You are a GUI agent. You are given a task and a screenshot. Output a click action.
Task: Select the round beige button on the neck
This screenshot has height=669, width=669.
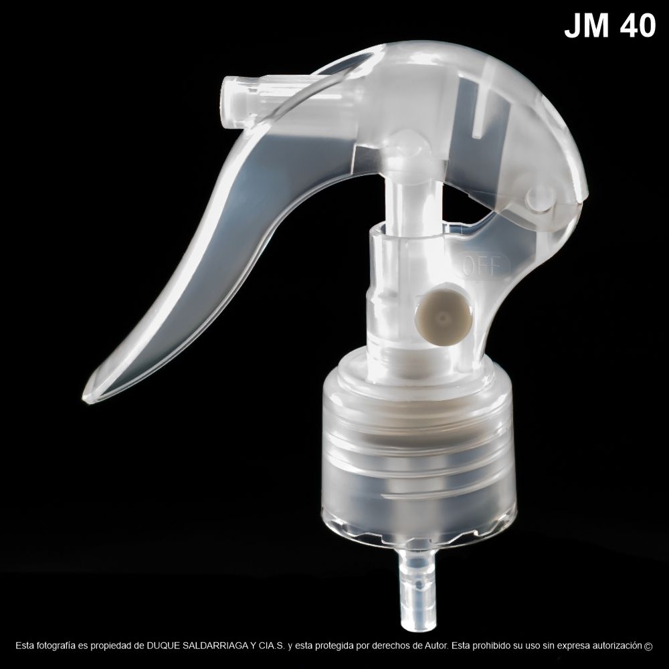click(x=441, y=317)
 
